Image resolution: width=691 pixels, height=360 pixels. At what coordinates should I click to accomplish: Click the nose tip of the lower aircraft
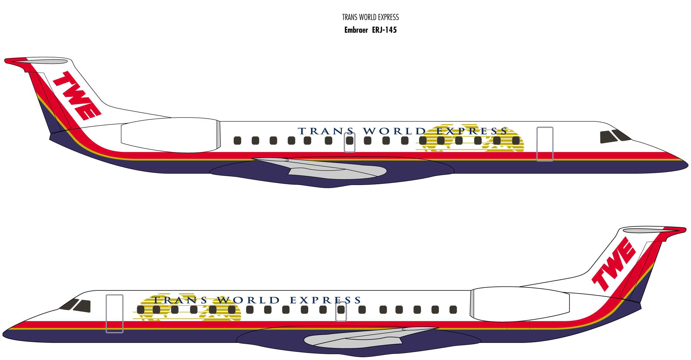[3, 334]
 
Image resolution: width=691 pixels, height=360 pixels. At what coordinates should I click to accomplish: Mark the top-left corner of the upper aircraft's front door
[537, 128]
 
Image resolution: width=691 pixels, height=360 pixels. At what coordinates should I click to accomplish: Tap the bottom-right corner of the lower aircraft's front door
[123, 332]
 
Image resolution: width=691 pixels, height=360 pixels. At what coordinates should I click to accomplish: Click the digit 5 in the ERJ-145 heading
[394, 30]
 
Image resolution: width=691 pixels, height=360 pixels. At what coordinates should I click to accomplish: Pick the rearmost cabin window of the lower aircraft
[453, 309]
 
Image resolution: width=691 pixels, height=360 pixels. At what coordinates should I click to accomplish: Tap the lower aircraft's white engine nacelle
[520, 304]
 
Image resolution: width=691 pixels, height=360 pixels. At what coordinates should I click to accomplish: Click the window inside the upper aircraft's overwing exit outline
[350, 141]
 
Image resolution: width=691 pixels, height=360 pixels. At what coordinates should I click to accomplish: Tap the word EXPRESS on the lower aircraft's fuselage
[326, 300]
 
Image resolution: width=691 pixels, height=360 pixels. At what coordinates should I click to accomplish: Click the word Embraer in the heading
[356, 30]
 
